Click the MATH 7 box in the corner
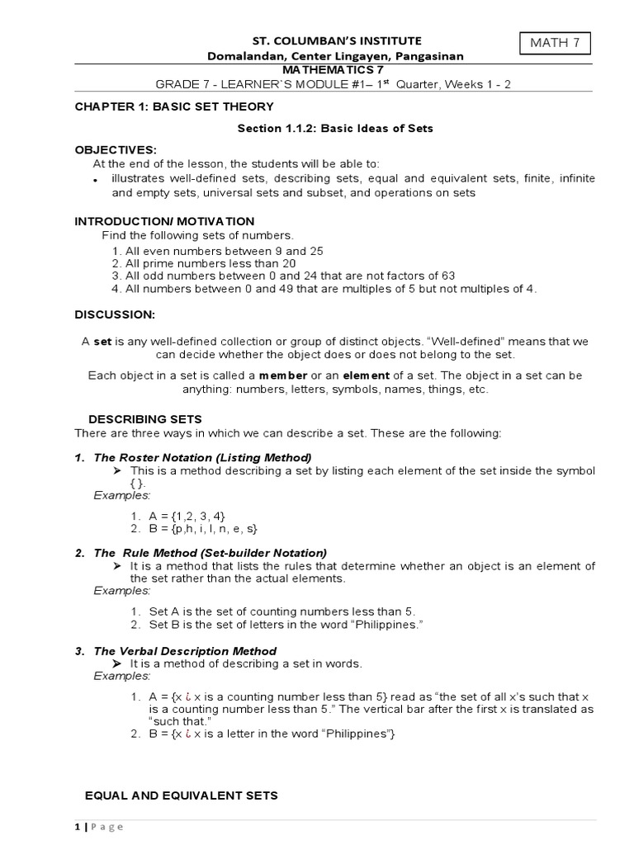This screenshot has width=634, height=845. [x=556, y=41]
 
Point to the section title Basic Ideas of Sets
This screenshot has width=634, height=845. [x=334, y=129]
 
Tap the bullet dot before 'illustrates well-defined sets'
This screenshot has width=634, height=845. [x=95, y=181]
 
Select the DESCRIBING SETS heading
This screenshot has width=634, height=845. [x=144, y=419]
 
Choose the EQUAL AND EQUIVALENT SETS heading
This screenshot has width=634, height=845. [x=182, y=795]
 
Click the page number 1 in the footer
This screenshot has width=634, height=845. [x=78, y=827]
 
